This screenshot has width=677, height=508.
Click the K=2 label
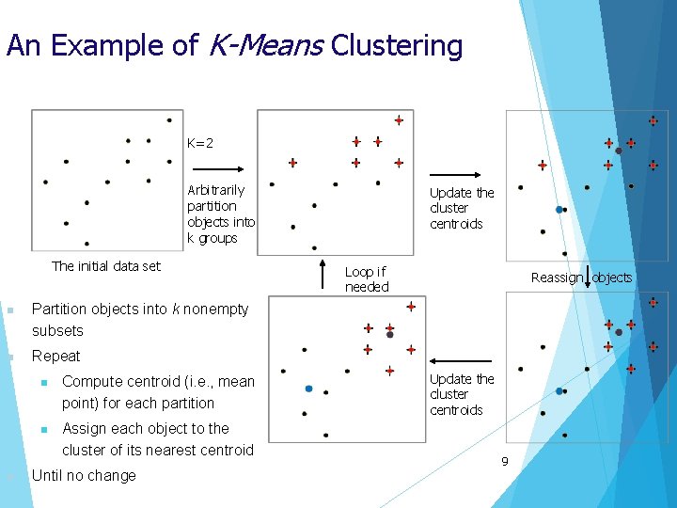199,143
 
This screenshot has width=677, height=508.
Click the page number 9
504,461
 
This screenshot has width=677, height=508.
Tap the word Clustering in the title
397,45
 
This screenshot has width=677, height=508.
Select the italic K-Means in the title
263,45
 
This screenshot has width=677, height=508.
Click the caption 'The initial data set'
106,266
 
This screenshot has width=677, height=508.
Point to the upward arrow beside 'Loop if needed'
323,269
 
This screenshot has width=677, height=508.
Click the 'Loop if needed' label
366,279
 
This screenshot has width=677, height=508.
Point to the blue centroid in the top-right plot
559,209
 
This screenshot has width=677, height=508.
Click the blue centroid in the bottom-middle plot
308,388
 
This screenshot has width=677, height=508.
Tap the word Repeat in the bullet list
56,356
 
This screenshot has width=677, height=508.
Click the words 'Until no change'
84,475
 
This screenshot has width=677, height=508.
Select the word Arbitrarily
215,190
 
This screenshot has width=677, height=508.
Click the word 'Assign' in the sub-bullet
84,428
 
